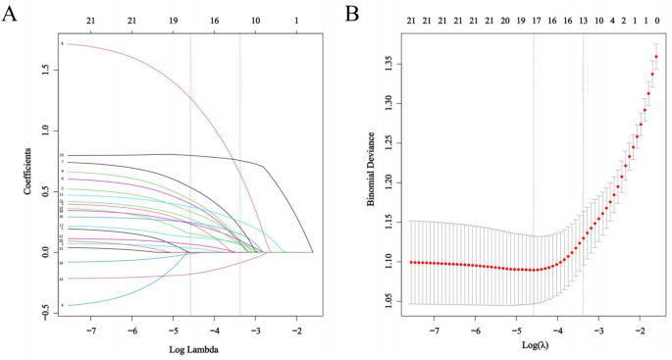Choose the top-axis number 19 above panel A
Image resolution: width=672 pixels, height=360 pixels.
click(x=174, y=19)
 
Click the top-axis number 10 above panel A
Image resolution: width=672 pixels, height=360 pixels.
click(x=256, y=19)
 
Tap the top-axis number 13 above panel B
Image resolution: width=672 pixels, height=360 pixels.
click(x=583, y=19)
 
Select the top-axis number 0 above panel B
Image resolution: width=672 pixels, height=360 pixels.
click(x=656, y=19)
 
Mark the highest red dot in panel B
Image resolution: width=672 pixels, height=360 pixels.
click(x=656, y=57)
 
